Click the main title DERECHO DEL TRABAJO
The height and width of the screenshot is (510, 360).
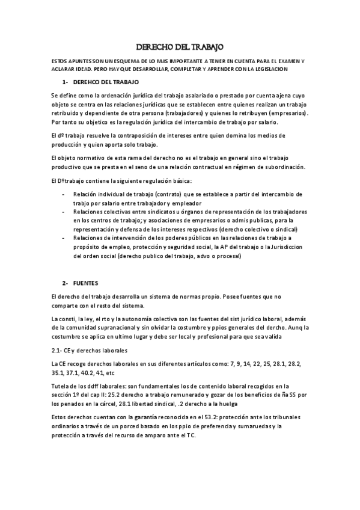pyautogui.click(x=180, y=47)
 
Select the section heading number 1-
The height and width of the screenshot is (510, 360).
pyautogui.click(x=66, y=81)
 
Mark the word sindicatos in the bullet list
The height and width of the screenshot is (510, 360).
pyautogui.click(x=153, y=212)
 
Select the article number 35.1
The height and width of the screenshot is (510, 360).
pyautogui.click(x=60, y=372)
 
